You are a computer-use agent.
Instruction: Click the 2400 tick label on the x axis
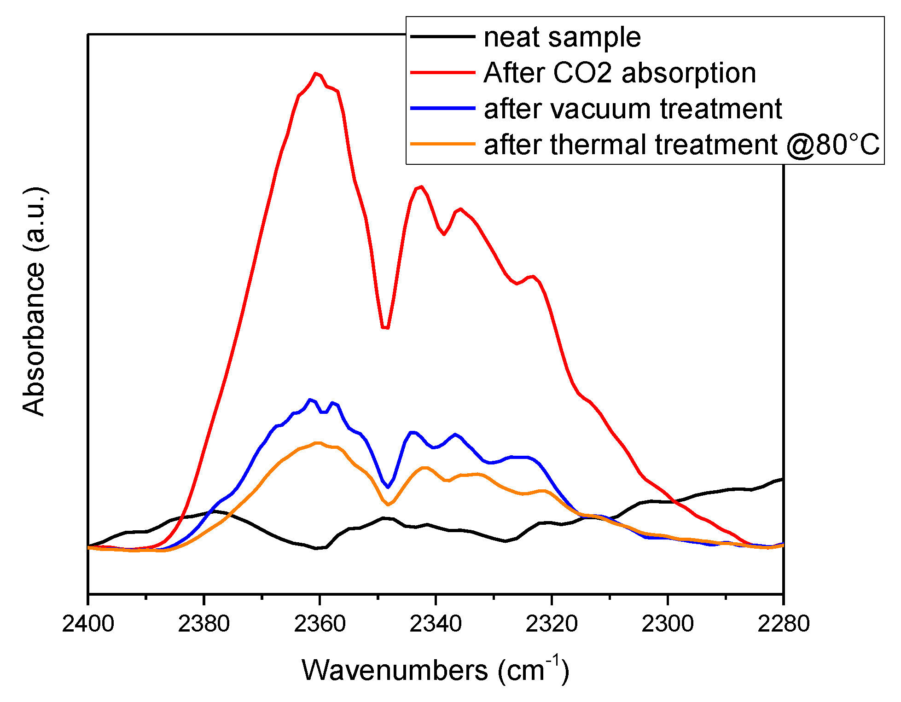point(88,624)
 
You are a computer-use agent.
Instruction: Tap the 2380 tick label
point(203,624)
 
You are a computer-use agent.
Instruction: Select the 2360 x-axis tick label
point(320,624)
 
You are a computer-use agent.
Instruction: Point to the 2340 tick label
point(436,624)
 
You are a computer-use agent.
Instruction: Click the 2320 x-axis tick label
point(552,624)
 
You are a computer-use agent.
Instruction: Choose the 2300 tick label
point(668,624)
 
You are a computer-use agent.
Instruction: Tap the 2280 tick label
point(783,624)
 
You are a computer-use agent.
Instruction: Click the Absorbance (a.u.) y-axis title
point(34,302)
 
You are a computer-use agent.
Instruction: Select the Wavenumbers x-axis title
point(435,670)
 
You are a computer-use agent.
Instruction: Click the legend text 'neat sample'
point(562,37)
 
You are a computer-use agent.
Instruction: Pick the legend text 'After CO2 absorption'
point(620,73)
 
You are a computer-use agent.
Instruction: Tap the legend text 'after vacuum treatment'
point(633,109)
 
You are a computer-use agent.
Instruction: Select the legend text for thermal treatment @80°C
point(681,145)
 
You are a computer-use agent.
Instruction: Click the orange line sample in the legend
point(442,144)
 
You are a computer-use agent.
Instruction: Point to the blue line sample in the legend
point(442,108)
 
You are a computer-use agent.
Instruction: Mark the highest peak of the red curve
point(315,73)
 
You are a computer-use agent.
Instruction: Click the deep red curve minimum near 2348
point(385,328)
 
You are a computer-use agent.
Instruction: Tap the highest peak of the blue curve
point(310,399)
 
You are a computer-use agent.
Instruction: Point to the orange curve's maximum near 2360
point(317,443)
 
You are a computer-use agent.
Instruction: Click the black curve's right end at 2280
point(782,480)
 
